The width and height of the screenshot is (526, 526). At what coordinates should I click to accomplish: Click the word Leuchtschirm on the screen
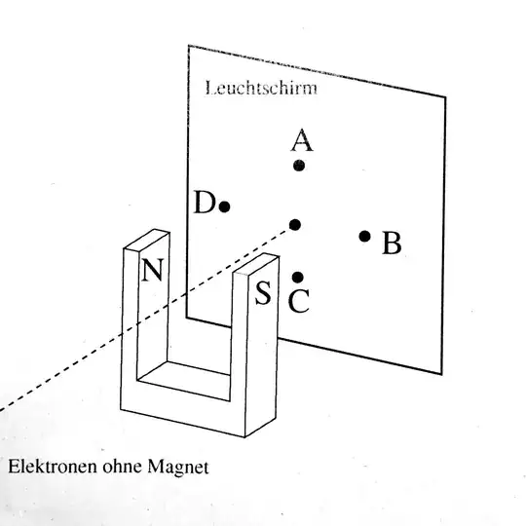(262, 88)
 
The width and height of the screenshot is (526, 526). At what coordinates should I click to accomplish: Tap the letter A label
(301, 141)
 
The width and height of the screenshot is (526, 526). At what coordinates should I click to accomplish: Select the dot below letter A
(299, 166)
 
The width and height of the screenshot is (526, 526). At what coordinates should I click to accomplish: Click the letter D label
(203, 203)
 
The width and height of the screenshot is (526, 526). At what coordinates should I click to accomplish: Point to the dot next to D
(224, 207)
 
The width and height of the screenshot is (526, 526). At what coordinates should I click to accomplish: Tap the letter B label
(392, 243)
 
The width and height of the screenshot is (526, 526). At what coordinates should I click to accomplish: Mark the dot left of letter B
(364, 236)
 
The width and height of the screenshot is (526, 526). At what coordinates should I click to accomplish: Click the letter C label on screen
(300, 302)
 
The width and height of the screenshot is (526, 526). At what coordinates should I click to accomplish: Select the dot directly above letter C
(298, 278)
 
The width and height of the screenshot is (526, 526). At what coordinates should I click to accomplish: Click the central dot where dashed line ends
(295, 225)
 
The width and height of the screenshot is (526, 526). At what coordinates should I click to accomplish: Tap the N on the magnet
(151, 269)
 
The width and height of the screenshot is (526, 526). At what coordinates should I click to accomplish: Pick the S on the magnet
(263, 293)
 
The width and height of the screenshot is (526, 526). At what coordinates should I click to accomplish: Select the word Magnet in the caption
(175, 466)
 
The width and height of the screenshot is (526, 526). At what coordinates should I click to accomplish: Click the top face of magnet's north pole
(146, 241)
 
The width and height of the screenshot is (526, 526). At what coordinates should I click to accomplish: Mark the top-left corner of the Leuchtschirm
(188, 46)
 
